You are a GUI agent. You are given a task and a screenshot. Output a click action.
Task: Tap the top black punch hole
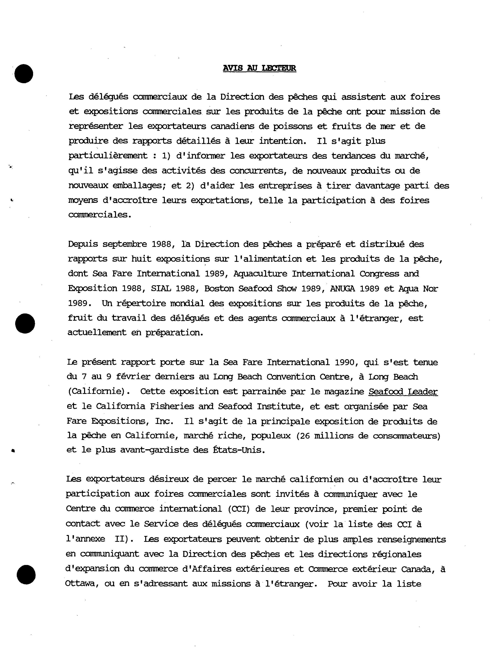coord(24,74)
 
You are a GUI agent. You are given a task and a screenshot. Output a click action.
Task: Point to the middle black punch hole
coord(25,323)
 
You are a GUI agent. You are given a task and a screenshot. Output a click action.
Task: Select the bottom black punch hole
coord(26,574)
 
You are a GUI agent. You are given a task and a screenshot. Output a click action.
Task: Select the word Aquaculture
coord(260,274)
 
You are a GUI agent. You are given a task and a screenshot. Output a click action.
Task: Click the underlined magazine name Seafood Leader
coord(403,392)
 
